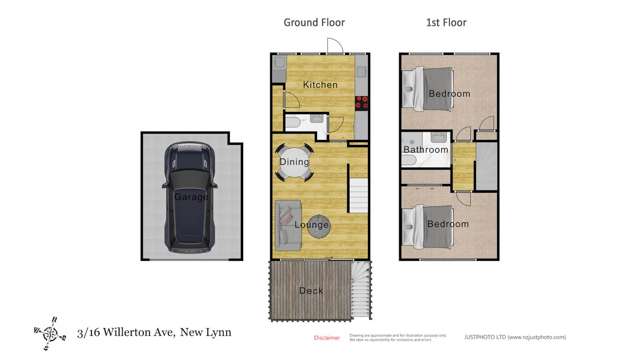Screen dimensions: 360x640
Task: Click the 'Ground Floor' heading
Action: coord(315,22)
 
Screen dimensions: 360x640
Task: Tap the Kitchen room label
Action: coord(320,86)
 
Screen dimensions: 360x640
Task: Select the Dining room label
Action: coord(294,162)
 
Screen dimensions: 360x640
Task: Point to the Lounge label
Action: coord(312,224)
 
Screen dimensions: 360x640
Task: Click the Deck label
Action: coord(311,291)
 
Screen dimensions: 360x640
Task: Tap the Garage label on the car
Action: coord(191,197)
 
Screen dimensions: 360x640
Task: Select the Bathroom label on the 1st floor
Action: coord(425,150)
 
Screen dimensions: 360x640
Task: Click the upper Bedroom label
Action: coord(449,94)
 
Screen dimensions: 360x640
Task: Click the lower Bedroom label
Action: coord(448,224)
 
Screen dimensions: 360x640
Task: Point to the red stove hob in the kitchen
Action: coord(360,100)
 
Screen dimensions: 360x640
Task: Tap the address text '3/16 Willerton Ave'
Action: coord(126,335)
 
